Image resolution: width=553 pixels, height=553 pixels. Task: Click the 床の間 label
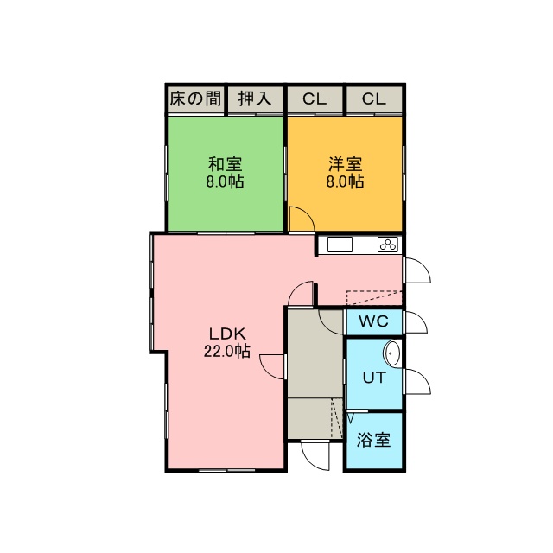[196, 99]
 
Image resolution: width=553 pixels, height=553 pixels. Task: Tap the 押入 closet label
[255, 99]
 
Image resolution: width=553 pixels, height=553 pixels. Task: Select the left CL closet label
[315, 99]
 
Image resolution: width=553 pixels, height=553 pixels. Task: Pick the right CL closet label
[374, 99]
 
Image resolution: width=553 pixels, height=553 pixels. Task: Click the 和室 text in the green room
[225, 164]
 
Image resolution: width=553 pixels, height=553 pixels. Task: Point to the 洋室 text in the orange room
[346, 164]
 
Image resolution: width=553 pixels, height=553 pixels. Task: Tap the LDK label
[227, 334]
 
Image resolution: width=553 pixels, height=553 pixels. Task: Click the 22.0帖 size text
[227, 351]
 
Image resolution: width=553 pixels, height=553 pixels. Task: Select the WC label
[374, 321]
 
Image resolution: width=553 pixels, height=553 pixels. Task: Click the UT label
[374, 378]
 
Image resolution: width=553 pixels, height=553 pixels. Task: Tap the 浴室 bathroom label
[373, 440]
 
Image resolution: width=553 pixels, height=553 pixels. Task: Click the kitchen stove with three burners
[388, 245]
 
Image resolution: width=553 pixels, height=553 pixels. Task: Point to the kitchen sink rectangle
[340, 245]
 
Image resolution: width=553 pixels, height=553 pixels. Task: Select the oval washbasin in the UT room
[392, 353]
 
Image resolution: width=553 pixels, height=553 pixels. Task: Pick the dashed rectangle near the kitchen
[374, 297]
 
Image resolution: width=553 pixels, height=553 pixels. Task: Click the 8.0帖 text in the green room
[225, 181]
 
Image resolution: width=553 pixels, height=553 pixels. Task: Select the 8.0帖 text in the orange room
[346, 181]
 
